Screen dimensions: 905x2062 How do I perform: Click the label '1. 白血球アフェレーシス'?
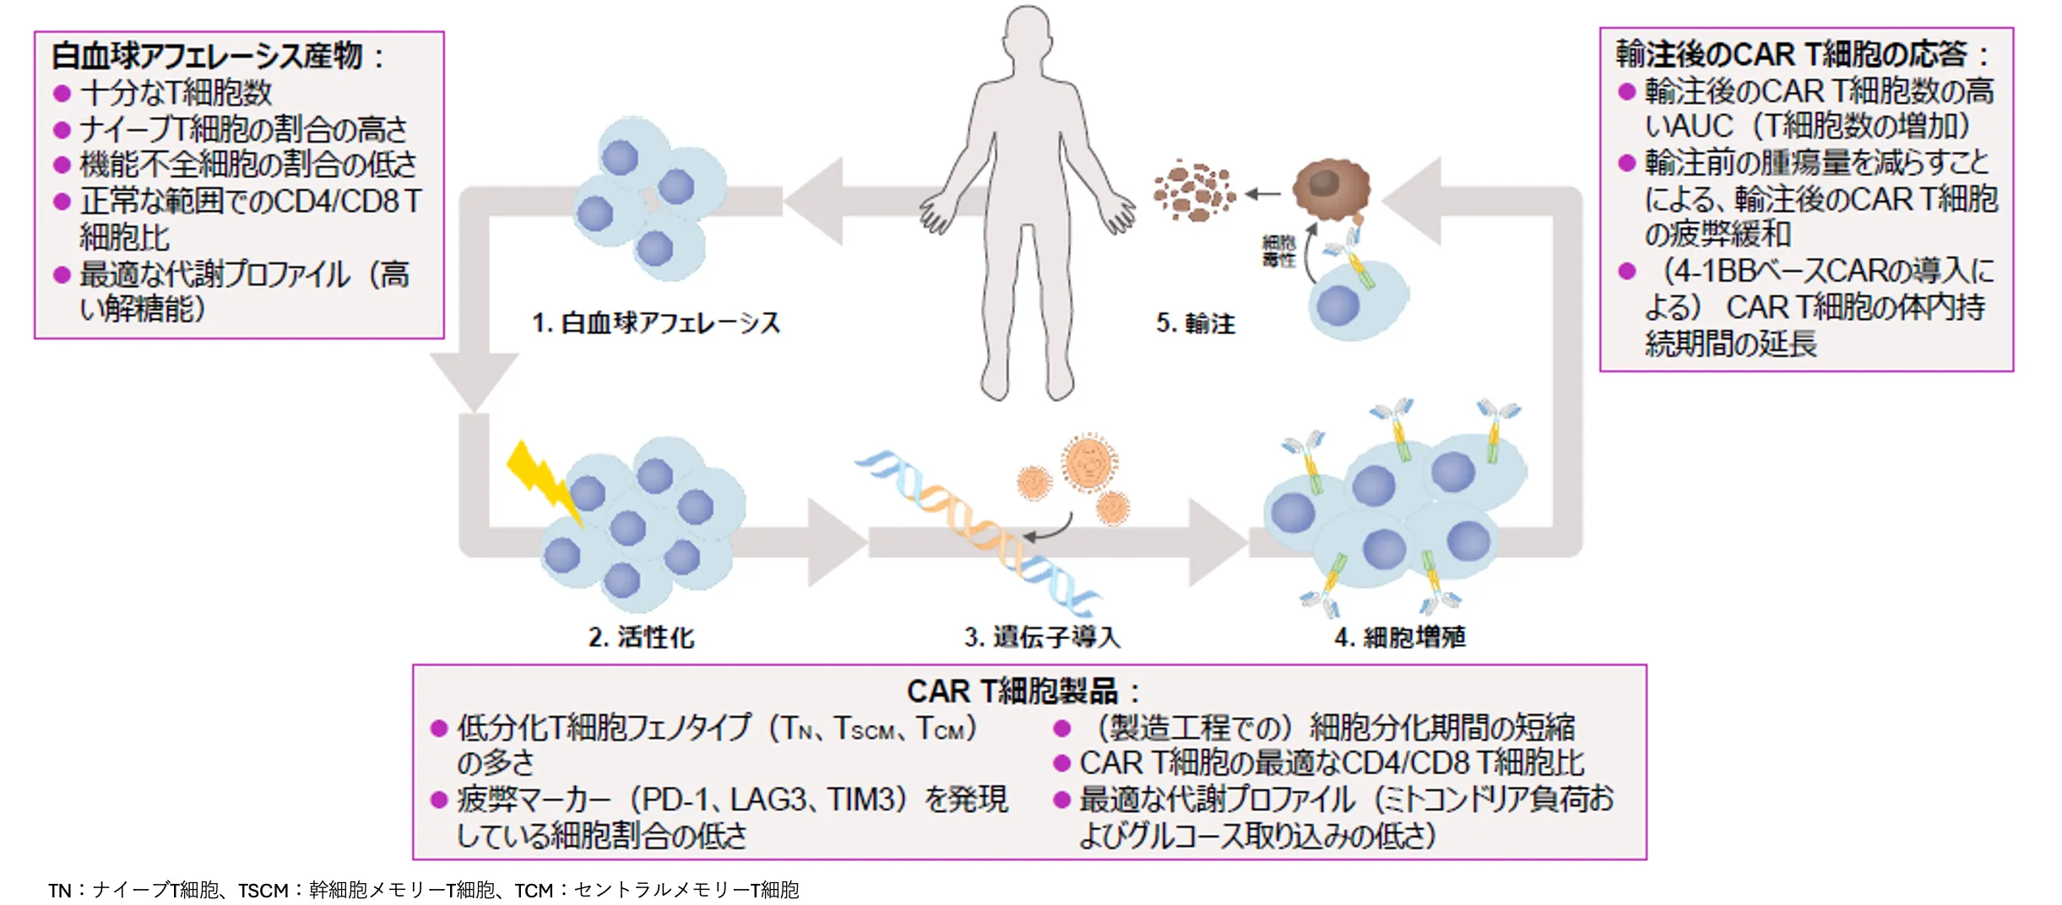(x=656, y=323)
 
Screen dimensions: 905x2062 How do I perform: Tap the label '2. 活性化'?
(x=641, y=637)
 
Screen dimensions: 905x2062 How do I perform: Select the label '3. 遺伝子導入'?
(x=1042, y=637)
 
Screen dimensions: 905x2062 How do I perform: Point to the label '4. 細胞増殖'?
(x=1399, y=637)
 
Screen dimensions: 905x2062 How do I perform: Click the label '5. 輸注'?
(x=1195, y=323)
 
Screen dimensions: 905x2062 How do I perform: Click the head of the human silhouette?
(x=1028, y=34)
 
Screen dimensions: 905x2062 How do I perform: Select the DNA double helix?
(x=979, y=532)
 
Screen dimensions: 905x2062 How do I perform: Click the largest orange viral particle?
(x=1089, y=463)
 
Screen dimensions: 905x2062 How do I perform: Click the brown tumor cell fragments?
(x=1193, y=192)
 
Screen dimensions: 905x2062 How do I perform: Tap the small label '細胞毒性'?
(x=1278, y=252)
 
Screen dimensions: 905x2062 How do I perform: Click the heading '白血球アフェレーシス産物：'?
(x=218, y=56)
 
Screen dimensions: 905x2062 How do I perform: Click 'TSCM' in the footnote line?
(x=263, y=891)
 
